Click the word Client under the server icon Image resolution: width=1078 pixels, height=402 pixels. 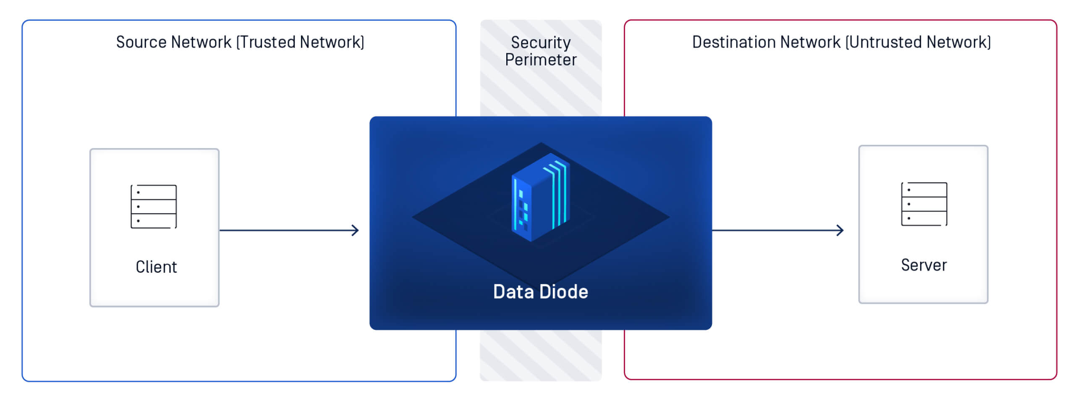156,267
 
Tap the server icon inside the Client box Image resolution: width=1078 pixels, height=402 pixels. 154,207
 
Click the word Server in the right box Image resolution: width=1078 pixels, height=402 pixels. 924,265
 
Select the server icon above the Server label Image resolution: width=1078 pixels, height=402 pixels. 924,204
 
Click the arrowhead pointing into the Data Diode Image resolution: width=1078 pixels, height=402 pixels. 356,230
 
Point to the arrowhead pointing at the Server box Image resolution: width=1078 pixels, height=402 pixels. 840,230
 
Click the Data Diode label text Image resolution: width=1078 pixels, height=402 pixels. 540,292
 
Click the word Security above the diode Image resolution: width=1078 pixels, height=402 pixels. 541,42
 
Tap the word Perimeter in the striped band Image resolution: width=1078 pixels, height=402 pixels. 541,60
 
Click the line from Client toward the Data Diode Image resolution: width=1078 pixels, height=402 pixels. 285,230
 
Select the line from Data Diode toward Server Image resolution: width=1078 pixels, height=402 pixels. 774,230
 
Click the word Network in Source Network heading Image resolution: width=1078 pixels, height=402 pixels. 201,42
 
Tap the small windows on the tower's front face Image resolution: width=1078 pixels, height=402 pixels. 523,210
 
